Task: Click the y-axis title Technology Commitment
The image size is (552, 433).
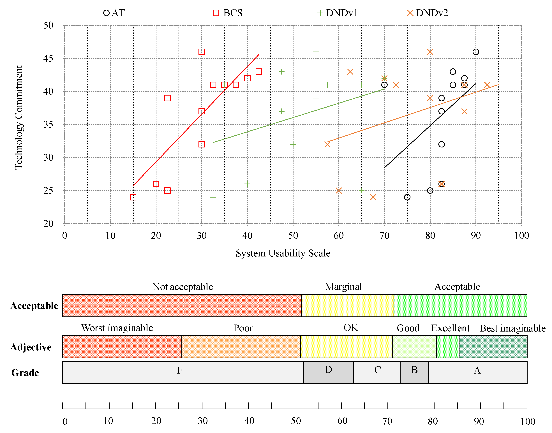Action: pyautogui.click(x=19, y=117)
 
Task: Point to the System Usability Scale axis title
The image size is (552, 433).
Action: pyautogui.click(x=283, y=253)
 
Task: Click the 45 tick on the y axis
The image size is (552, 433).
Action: pyautogui.click(x=48, y=58)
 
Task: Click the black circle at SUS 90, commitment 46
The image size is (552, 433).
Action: pyautogui.click(x=476, y=52)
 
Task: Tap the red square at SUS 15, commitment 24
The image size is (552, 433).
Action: pyautogui.click(x=133, y=197)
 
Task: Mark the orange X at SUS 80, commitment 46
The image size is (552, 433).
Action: pyautogui.click(x=430, y=52)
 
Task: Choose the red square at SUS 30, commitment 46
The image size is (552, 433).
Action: pyautogui.click(x=202, y=52)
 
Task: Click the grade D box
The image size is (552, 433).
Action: pyautogui.click(x=328, y=372)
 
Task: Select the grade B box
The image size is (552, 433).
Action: pyautogui.click(x=414, y=372)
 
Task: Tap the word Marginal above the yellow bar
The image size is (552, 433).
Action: pyautogui.click(x=343, y=287)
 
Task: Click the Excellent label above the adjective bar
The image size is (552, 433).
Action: pyautogui.click(x=450, y=328)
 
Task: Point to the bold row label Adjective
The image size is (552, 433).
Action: pyautogui.click(x=31, y=347)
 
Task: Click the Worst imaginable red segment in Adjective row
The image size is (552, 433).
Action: pyautogui.click(x=122, y=347)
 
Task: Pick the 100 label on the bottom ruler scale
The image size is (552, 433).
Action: pyautogui.click(x=528, y=421)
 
